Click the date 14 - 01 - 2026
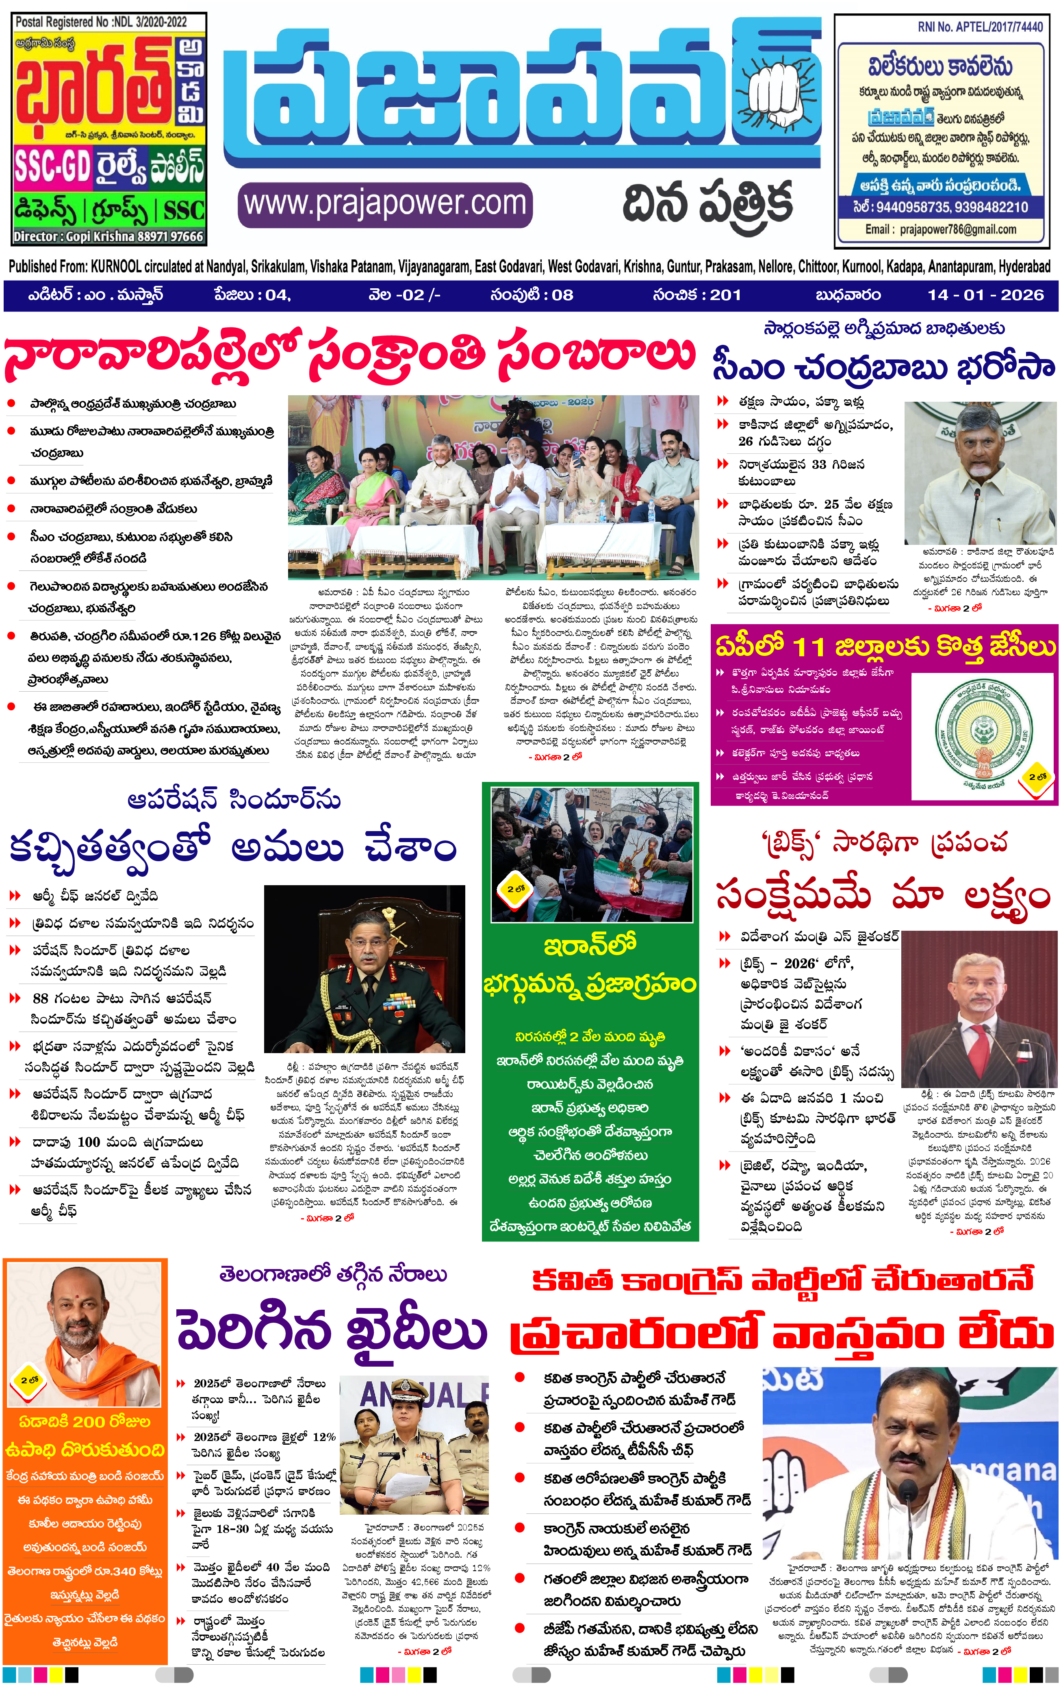pos(985,295)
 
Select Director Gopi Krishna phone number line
pos(108,237)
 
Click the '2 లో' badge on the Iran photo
pos(515,889)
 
